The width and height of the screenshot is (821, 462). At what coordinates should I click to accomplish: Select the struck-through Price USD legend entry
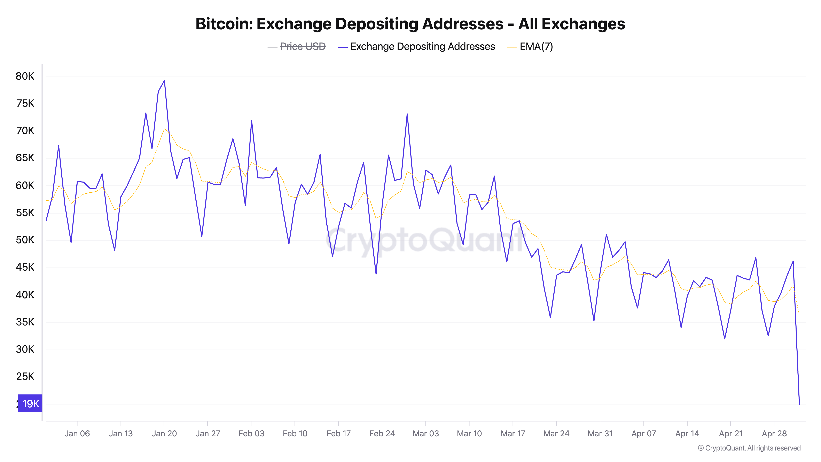tap(303, 47)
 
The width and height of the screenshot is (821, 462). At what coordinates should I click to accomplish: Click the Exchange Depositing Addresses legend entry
tap(422, 47)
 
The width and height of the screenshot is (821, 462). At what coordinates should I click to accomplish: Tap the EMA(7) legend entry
tap(536, 47)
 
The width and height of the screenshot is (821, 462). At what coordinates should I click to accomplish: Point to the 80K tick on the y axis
tap(25, 76)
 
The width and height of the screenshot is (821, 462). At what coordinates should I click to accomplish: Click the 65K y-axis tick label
tap(25, 158)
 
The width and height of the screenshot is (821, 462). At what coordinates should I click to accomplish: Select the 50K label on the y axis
tap(25, 240)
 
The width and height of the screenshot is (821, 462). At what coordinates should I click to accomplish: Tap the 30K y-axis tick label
tap(25, 349)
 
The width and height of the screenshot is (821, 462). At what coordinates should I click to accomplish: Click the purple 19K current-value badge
tap(30, 404)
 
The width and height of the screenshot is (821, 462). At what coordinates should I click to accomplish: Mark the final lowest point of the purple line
tap(799, 404)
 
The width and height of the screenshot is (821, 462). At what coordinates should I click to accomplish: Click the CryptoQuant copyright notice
tap(749, 448)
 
